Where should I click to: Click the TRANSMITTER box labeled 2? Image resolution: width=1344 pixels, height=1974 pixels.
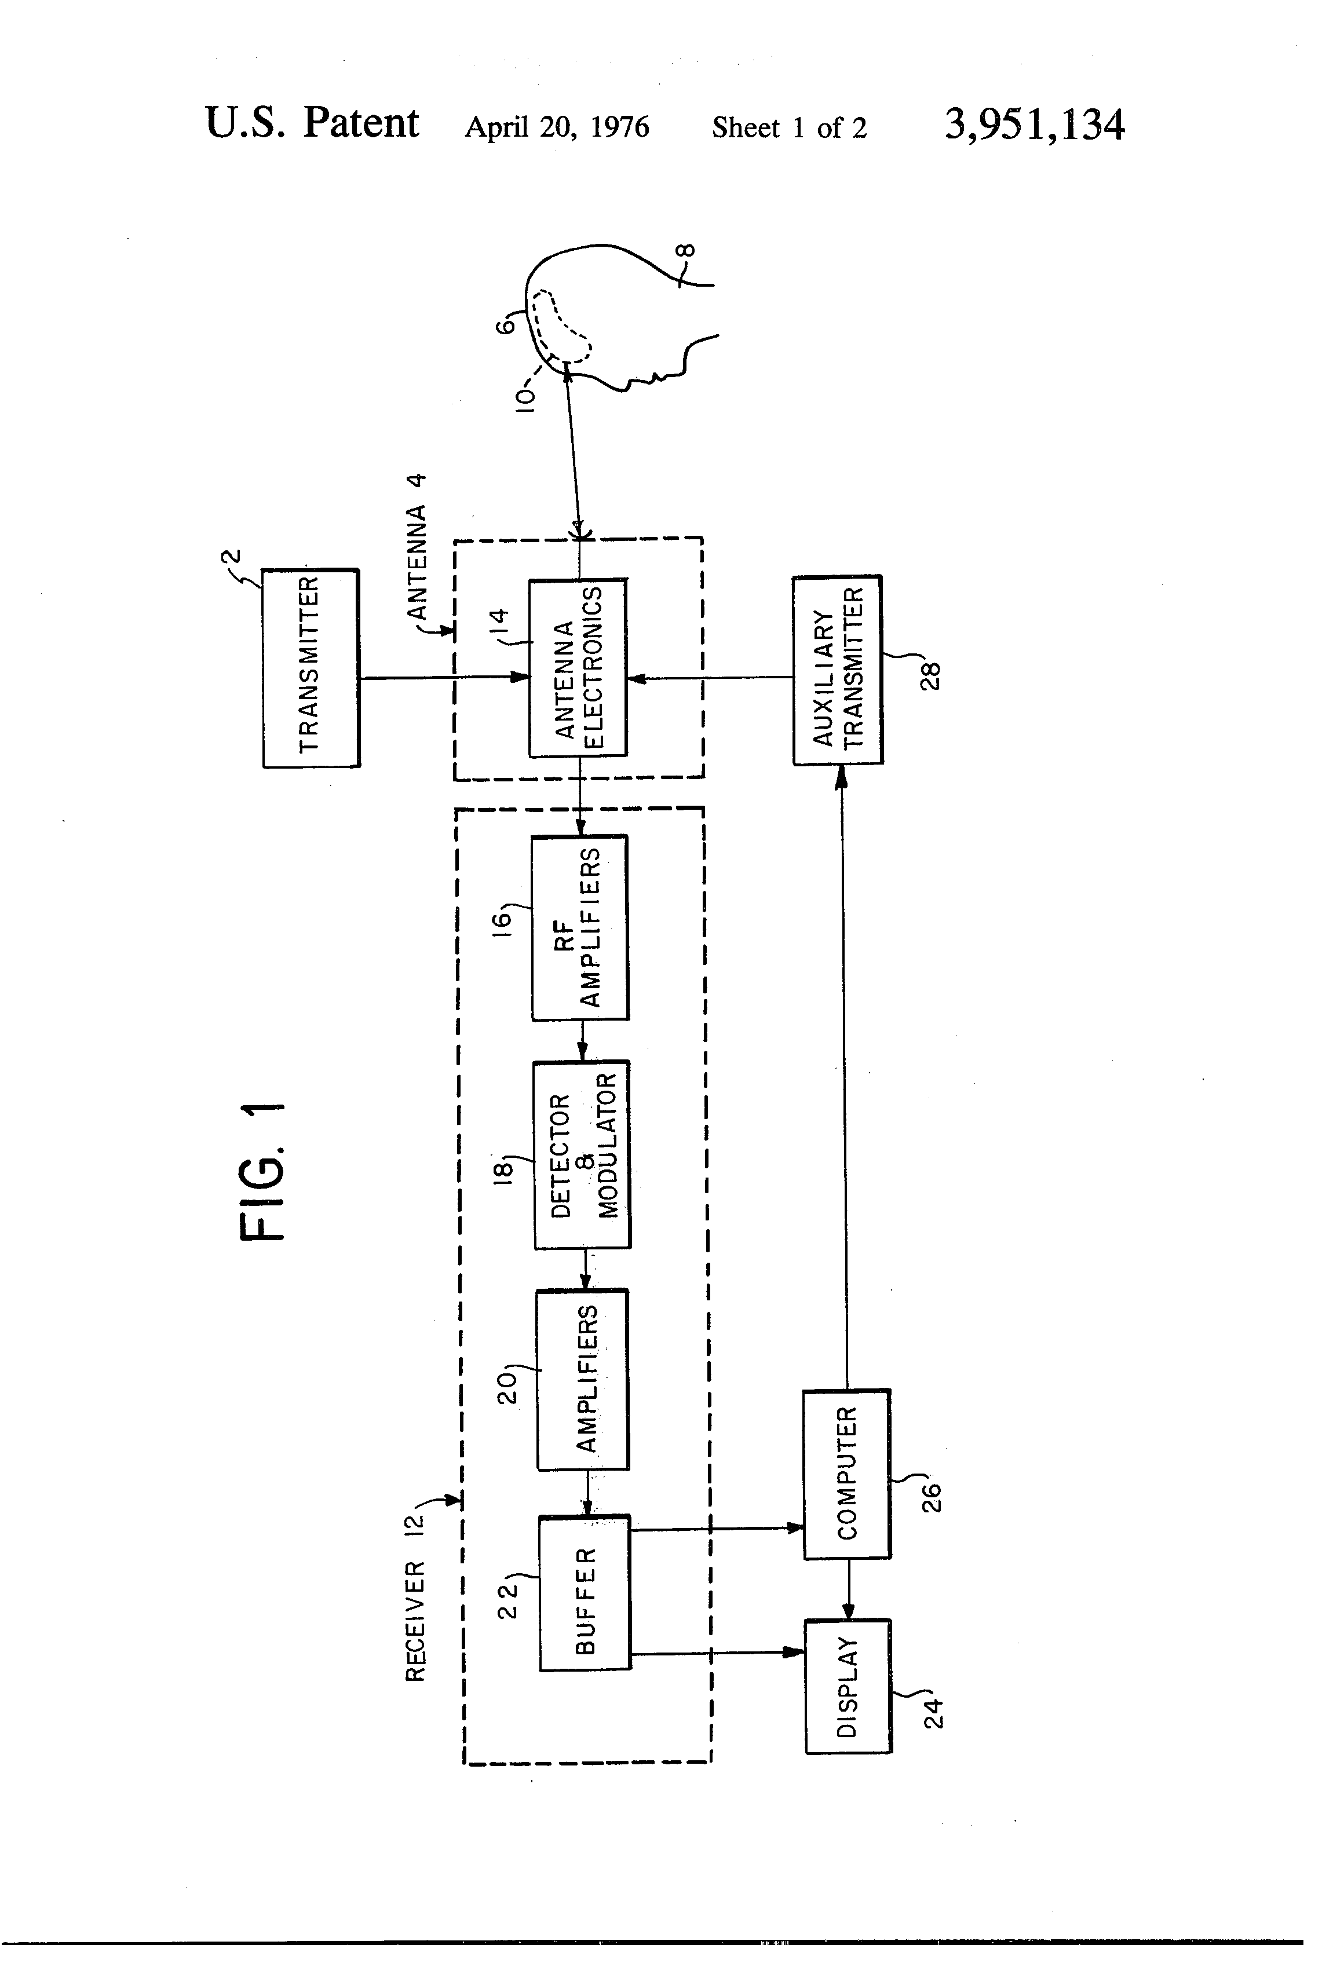311,668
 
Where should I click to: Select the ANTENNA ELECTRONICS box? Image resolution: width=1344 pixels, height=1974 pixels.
578,668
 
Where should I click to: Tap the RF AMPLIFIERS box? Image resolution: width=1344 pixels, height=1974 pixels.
580,927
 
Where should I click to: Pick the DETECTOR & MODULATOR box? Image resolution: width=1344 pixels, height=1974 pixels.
582,1154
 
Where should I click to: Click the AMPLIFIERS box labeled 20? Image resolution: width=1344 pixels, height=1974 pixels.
583,1379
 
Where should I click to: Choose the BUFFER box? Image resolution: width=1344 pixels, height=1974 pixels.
585,1593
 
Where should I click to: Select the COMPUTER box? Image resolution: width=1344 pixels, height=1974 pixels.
847,1474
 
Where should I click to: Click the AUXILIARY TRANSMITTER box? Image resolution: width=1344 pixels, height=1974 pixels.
838,670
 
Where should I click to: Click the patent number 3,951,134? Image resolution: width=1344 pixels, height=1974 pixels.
1034,125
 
